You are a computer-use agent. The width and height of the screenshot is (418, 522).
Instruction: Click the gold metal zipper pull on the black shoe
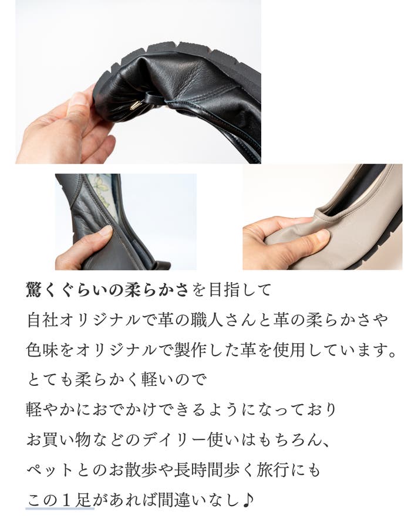(x=134, y=106)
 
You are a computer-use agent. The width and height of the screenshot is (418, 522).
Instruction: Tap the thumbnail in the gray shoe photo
(x=107, y=231)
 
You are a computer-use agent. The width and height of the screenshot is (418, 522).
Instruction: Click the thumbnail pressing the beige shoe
(x=323, y=236)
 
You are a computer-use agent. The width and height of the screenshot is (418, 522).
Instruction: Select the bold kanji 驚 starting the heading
(x=34, y=290)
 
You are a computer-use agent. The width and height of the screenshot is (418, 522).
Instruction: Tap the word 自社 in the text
(x=42, y=320)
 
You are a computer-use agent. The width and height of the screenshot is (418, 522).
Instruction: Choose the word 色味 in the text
(x=42, y=350)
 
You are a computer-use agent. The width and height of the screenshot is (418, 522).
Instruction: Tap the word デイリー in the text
(x=175, y=440)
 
